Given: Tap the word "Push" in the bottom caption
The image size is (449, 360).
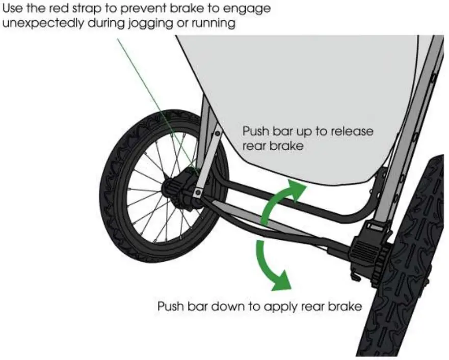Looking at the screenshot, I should (170, 307).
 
